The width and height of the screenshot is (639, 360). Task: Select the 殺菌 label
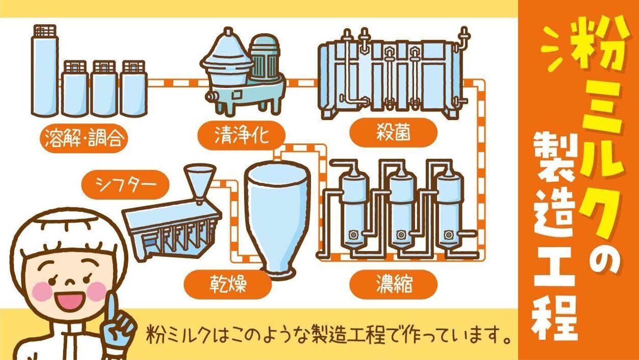(392, 132)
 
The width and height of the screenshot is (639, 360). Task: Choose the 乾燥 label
(229, 284)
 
